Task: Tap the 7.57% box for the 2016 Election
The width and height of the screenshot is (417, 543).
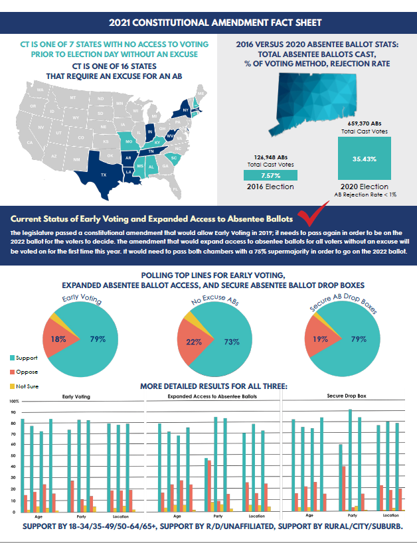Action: [270, 175]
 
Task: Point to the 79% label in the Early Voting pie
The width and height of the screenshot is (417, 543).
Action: [98, 339]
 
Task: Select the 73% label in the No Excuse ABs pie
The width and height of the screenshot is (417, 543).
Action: [232, 342]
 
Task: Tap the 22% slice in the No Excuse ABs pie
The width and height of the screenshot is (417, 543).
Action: [194, 342]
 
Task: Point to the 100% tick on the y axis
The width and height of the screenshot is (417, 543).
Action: [12, 402]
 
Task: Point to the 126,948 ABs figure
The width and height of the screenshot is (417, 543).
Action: [270, 157]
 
